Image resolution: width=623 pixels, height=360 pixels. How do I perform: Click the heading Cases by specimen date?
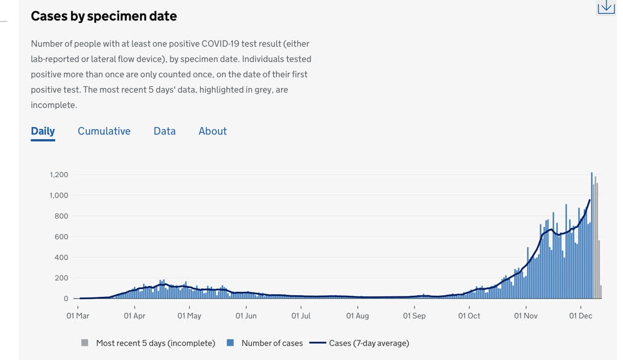[104, 16]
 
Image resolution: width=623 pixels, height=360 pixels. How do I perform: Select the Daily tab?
[43, 131]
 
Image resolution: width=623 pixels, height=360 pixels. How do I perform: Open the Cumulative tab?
[104, 131]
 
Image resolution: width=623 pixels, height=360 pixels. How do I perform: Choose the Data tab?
[164, 131]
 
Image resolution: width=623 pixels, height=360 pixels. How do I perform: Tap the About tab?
[212, 131]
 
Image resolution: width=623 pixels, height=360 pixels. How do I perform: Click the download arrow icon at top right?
[606, 6]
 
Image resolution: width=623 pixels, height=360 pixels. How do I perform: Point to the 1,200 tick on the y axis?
[58, 175]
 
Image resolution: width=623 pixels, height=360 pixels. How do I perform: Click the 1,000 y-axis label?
[58, 195]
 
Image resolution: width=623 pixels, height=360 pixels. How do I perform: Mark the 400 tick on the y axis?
[61, 258]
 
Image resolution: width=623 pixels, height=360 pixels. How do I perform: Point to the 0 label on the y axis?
[66, 299]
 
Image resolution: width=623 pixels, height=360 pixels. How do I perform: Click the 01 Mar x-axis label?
[78, 316]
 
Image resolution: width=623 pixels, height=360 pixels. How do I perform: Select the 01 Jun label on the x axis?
[246, 316]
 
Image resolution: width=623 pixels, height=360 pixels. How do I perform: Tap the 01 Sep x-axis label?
[414, 316]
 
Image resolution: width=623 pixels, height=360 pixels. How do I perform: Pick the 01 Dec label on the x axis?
[580, 316]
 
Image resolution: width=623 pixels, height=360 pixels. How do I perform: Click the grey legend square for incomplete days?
[85, 343]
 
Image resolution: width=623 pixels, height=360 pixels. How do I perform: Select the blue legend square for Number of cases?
[230, 343]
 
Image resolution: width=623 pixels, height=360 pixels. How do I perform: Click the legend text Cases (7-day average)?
[369, 343]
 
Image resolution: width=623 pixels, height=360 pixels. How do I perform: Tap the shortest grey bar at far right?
[601, 292]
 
